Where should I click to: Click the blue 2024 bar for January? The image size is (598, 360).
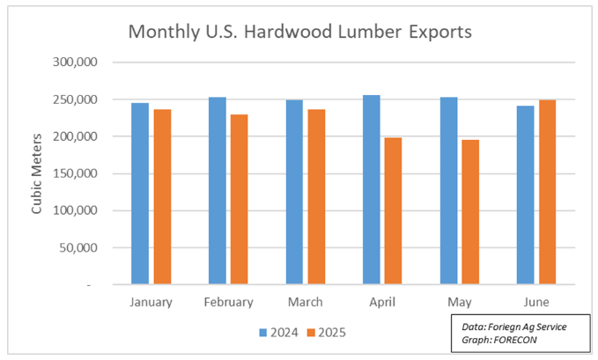pyautogui.click(x=140, y=194)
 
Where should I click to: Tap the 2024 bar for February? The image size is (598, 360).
pyautogui.click(x=217, y=191)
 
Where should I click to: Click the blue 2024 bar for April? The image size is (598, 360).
pyautogui.click(x=371, y=190)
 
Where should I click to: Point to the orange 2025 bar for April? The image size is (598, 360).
pyautogui.click(x=393, y=211)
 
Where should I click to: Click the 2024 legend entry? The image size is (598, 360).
pyautogui.click(x=278, y=333)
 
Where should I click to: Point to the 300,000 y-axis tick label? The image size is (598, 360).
pyautogui.click(x=78, y=62)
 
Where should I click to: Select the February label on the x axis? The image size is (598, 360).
pyautogui.click(x=228, y=302)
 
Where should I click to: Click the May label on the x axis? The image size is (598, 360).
pyautogui.click(x=459, y=302)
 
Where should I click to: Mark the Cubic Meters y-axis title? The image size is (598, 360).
pyautogui.click(x=37, y=173)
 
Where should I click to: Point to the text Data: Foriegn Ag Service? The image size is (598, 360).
pyautogui.click(x=514, y=327)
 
